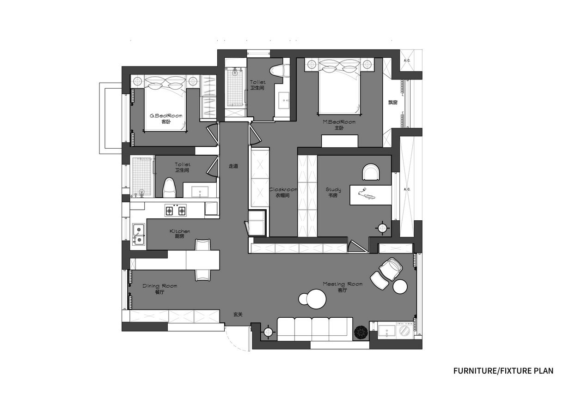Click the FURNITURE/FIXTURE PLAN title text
click(x=503, y=370)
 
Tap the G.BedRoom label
click(x=166, y=116)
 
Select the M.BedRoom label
click(x=339, y=122)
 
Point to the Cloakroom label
click(x=283, y=189)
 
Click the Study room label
click(x=333, y=189)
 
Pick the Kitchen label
click(x=180, y=231)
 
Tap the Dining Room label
click(x=160, y=286)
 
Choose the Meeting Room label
click(x=343, y=284)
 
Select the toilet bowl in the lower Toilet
click(x=169, y=187)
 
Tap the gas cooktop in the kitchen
click(x=175, y=210)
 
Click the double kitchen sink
click(x=139, y=234)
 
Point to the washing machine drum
click(x=404, y=331)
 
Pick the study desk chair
click(x=371, y=172)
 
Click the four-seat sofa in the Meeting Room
click(x=315, y=328)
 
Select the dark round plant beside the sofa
click(x=361, y=333)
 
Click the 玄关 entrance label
click(x=238, y=314)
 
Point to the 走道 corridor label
click(x=233, y=166)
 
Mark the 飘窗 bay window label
click(x=393, y=103)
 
